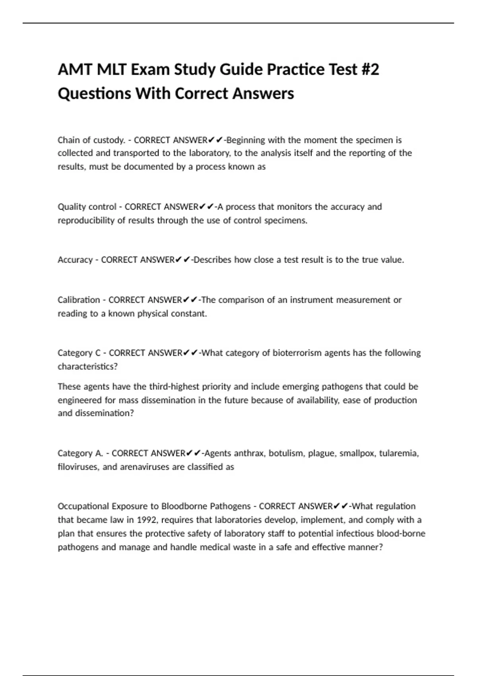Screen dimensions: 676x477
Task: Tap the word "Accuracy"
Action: point(75,260)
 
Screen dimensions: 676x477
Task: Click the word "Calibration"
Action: point(79,300)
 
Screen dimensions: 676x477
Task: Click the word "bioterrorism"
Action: point(297,353)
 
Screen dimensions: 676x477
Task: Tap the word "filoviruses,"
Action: point(78,467)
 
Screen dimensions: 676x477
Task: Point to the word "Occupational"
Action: point(83,506)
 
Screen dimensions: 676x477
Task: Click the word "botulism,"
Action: point(287,453)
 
